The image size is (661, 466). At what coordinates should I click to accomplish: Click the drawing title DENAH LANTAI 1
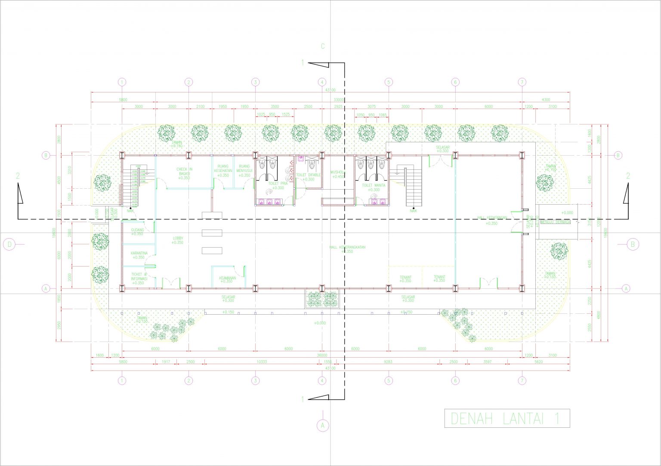(x=507, y=418)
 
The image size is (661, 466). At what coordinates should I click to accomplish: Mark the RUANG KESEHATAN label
(x=223, y=171)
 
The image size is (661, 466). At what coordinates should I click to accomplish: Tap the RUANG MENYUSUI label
(x=244, y=171)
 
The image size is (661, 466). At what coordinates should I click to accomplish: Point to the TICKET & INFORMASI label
(x=139, y=279)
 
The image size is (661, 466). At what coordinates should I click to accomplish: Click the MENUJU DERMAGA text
(x=556, y=222)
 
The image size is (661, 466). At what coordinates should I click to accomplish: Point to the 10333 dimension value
(x=262, y=362)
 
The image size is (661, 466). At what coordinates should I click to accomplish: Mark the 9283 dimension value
(x=388, y=362)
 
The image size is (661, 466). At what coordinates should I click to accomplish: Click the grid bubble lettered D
(x=9, y=245)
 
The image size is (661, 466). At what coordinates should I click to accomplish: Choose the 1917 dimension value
(x=166, y=362)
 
